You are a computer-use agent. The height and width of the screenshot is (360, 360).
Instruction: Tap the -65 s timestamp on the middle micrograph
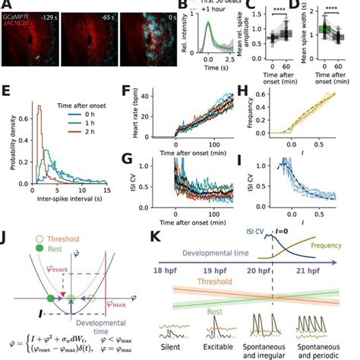[106, 14]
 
